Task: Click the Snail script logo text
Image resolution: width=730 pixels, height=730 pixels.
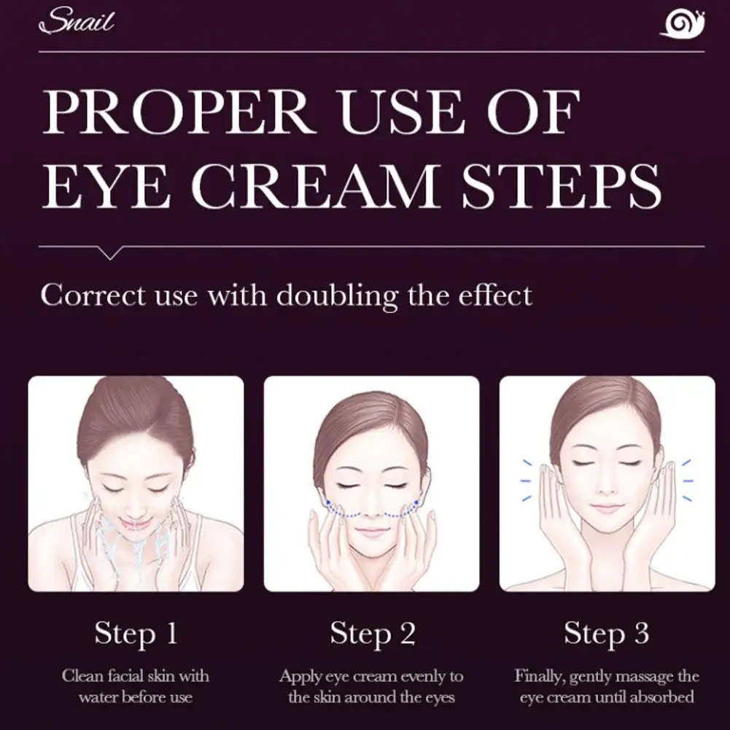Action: (x=77, y=22)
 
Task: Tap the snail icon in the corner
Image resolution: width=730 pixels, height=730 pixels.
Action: (x=683, y=23)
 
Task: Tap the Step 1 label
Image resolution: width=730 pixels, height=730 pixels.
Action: (x=136, y=634)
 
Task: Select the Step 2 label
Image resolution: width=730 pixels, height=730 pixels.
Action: (x=372, y=634)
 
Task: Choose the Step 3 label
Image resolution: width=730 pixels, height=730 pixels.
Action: (x=606, y=634)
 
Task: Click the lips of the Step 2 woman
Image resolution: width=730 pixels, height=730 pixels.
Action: (x=372, y=532)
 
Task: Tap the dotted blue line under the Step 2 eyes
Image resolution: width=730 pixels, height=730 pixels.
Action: (x=371, y=513)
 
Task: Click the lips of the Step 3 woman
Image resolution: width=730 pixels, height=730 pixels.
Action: (x=607, y=508)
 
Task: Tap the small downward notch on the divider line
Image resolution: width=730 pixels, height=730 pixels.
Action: (x=110, y=253)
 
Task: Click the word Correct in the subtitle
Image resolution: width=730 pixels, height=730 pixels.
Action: (x=82, y=296)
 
